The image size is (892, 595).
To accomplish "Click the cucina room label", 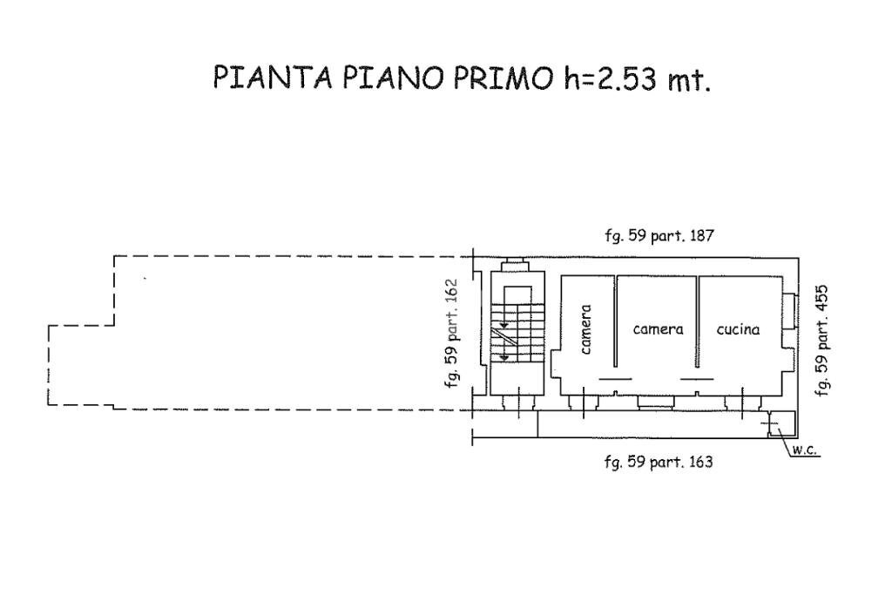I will (x=738, y=329).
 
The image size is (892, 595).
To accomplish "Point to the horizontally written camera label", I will (x=658, y=329).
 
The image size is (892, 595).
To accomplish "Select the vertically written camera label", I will (x=586, y=329).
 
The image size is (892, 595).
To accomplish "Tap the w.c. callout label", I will (x=803, y=450).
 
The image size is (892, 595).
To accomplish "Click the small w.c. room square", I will (x=780, y=423).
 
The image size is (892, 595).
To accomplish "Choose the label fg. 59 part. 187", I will (x=659, y=235).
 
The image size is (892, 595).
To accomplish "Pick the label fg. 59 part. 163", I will (x=659, y=462).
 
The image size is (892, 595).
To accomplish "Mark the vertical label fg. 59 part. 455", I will (x=821, y=341).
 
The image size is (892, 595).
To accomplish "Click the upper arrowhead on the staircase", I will (x=503, y=323).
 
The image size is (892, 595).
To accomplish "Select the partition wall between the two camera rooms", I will (x=616, y=322).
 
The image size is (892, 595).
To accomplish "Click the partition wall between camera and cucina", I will (x=698, y=322).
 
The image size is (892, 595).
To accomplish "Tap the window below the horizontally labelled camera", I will (x=656, y=402).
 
